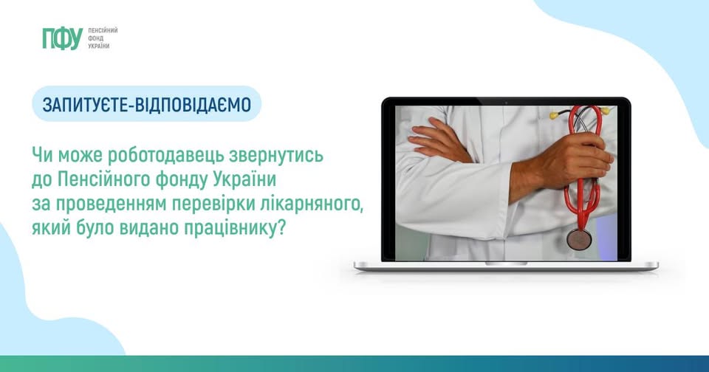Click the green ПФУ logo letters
[x=62, y=38]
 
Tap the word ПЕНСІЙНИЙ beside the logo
[x=103, y=30]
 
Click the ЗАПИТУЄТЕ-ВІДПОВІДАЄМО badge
[x=146, y=104]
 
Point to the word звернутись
[x=276, y=156]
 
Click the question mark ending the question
[x=281, y=228]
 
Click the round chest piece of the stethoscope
[x=579, y=240]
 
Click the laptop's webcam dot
[x=506, y=102]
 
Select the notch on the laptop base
[x=506, y=263]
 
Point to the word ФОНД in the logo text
[x=95, y=38]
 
